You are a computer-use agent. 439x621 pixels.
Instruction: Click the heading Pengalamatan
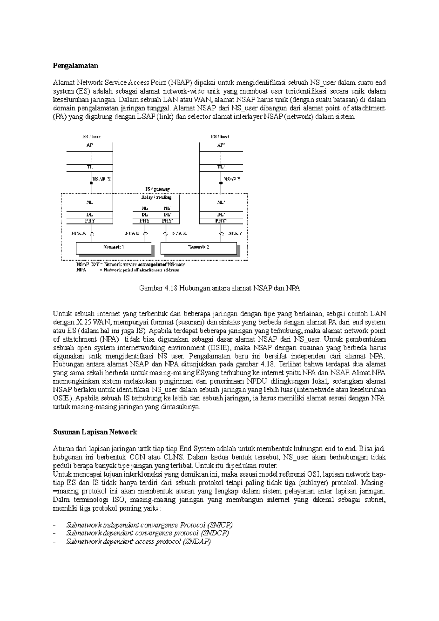(76, 66)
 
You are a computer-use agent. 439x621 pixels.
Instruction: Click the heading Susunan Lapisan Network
(95, 432)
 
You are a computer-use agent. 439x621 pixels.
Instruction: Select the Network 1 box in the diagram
(113, 248)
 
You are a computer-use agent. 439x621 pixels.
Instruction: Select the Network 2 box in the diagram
(198, 248)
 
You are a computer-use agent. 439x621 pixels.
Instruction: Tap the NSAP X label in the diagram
(102, 180)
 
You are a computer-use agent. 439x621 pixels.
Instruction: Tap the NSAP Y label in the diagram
(232, 180)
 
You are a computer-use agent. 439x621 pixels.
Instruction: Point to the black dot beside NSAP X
(91, 183)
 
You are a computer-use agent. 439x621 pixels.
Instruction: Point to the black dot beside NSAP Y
(221, 183)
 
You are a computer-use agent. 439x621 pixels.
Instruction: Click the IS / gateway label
(157, 189)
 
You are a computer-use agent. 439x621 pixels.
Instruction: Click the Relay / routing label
(156, 197)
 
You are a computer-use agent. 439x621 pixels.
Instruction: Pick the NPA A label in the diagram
(79, 233)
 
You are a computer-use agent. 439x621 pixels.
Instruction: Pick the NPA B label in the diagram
(132, 233)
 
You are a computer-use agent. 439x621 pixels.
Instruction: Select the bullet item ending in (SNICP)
(149, 525)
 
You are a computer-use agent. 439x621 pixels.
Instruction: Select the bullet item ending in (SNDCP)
(147, 533)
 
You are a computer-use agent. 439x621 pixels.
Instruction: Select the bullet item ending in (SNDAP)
(138, 542)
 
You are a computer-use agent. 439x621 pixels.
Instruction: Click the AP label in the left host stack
(89, 145)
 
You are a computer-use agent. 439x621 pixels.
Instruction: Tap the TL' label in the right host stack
(221, 167)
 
